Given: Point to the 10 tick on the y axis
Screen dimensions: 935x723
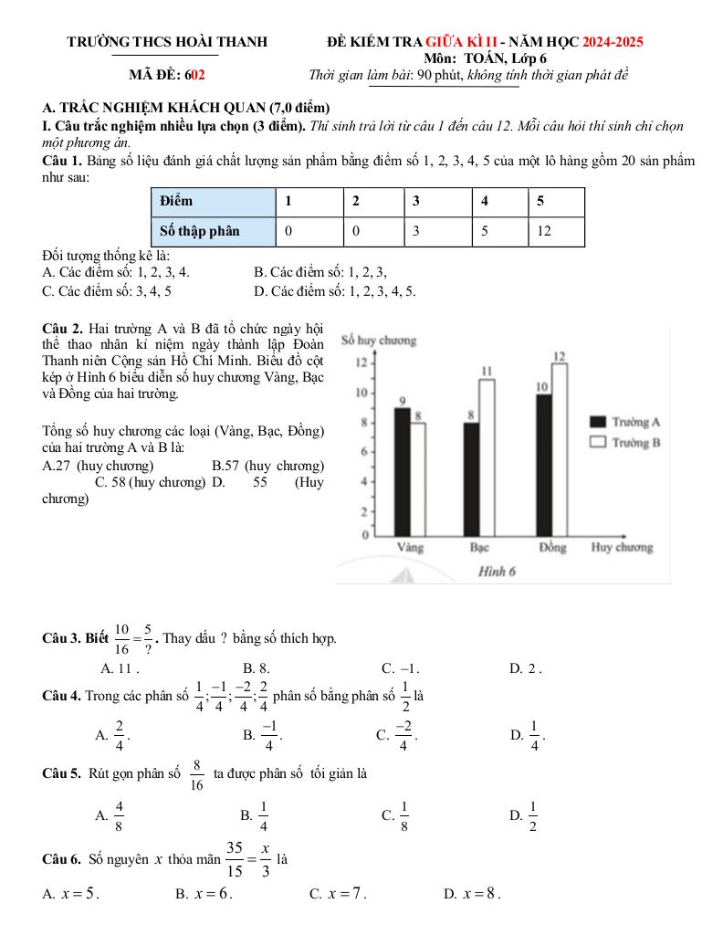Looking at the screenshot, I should click(361, 393).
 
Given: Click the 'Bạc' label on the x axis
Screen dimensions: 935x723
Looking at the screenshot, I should click(479, 548).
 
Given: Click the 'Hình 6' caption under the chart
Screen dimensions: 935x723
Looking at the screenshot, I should click(498, 572).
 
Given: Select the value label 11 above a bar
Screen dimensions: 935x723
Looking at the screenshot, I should click(487, 370).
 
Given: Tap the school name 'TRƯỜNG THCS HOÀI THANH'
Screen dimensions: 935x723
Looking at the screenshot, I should click(167, 42).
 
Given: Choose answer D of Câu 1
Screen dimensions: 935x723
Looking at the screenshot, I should click(334, 291).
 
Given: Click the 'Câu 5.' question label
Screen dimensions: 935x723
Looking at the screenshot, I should click(63, 773).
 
